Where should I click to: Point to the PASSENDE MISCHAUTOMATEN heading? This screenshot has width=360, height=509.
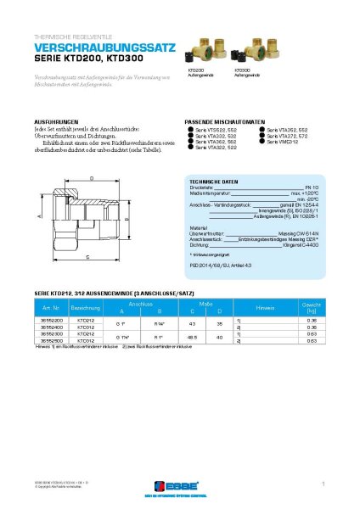[x=225, y=121]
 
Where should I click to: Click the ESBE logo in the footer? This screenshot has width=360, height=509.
[x=180, y=484]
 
